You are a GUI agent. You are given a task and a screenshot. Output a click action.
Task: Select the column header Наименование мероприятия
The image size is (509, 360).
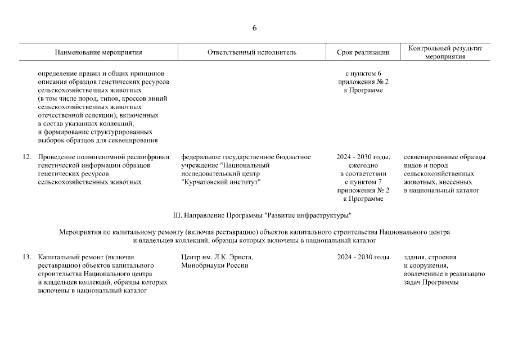(x=98, y=52)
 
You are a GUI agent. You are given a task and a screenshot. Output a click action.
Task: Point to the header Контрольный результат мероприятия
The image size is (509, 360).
(x=445, y=52)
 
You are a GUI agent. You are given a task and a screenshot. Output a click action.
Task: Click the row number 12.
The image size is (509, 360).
(x=26, y=157)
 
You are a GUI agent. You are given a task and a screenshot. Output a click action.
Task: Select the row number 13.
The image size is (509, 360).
(x=26, y=257)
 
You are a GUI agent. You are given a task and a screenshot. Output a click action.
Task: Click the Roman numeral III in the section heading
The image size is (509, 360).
(x=179, y=215)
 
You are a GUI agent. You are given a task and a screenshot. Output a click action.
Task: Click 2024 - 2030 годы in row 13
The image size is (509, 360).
(x=363, y=257)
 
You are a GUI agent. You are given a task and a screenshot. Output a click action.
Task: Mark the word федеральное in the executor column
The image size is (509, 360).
(x=201, y=157)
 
